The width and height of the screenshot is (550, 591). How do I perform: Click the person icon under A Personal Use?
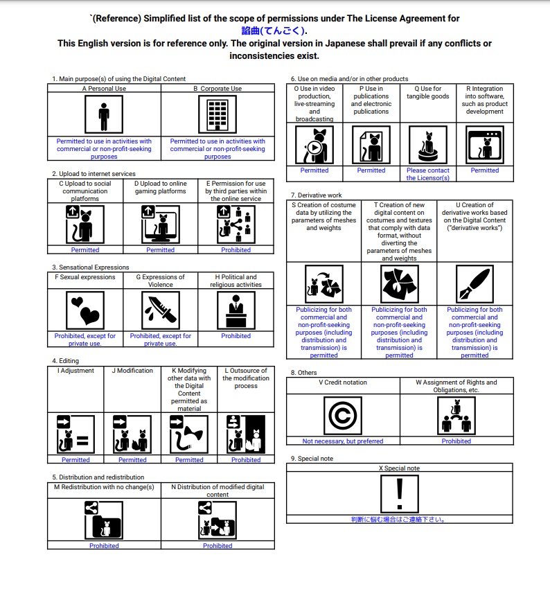(x=104, y=114)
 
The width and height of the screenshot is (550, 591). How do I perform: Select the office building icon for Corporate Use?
(x=218, y=114)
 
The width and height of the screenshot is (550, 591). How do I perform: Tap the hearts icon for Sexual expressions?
(x=85, y=310)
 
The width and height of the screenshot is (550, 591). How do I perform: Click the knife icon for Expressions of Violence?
(x=160, y=310)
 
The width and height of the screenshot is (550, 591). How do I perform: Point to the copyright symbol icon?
(x=342, y=416)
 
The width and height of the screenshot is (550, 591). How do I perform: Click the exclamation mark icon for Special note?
(x=399, y=493)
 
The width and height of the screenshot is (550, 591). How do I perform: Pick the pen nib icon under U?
(x=474, y=283)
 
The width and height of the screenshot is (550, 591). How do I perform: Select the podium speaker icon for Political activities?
(x=236, y=310)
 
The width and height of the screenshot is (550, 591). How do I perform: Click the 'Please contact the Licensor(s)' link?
(x=427, y=174)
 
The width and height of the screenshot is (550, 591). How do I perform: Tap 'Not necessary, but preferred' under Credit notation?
(x=342, y=441)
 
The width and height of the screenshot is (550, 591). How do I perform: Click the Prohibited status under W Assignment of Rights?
(x=456, y=441)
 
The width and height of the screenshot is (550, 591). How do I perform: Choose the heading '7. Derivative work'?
(x=316, y=195)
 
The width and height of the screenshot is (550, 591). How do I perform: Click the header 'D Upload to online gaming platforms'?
(x=160, y=188)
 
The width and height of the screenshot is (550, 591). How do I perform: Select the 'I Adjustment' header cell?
(x=76, y=371)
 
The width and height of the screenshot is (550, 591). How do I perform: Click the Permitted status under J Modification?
(x=132, y=459)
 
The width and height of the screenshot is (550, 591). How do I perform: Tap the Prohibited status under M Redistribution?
(x=104, y=545)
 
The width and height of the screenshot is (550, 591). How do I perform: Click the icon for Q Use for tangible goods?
(x=427, y=145)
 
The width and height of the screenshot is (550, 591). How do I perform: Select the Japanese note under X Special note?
(x=399, y=520)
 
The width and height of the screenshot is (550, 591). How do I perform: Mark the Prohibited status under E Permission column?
(x=236, y=249)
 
